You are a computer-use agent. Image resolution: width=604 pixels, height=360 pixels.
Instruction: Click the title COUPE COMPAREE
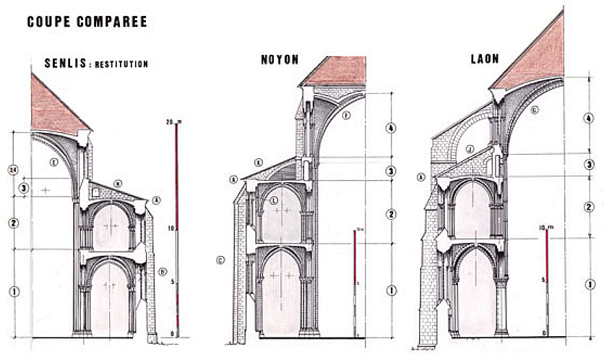pyautogui.click(x=87, y=22)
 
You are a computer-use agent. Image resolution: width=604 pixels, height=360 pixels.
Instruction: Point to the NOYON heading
pyautogui.click(x=280, y=61)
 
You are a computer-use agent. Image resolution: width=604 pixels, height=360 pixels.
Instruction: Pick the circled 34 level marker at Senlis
pyautogui.click(x=13, y=171)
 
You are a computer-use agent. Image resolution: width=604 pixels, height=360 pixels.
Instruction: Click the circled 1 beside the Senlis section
pyautogui.click(x=13, y=291)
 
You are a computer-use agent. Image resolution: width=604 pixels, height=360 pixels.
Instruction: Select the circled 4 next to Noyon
pyautogui.click(x=390, y=128)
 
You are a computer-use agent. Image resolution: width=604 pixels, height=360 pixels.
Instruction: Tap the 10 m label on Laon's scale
pyautogui.click(x=547, y=229)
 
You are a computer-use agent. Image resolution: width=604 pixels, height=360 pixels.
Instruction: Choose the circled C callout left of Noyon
pyautogui.click(x=220, y=257)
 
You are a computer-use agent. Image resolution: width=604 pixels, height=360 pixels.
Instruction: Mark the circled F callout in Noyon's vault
pyautogui.click(x=345, y=116)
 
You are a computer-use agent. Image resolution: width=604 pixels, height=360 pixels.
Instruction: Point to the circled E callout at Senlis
pyautogui.click(x=53, y=162)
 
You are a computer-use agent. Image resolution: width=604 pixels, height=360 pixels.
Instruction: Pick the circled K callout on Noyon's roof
pyautogui.click(x=259, y=163)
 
